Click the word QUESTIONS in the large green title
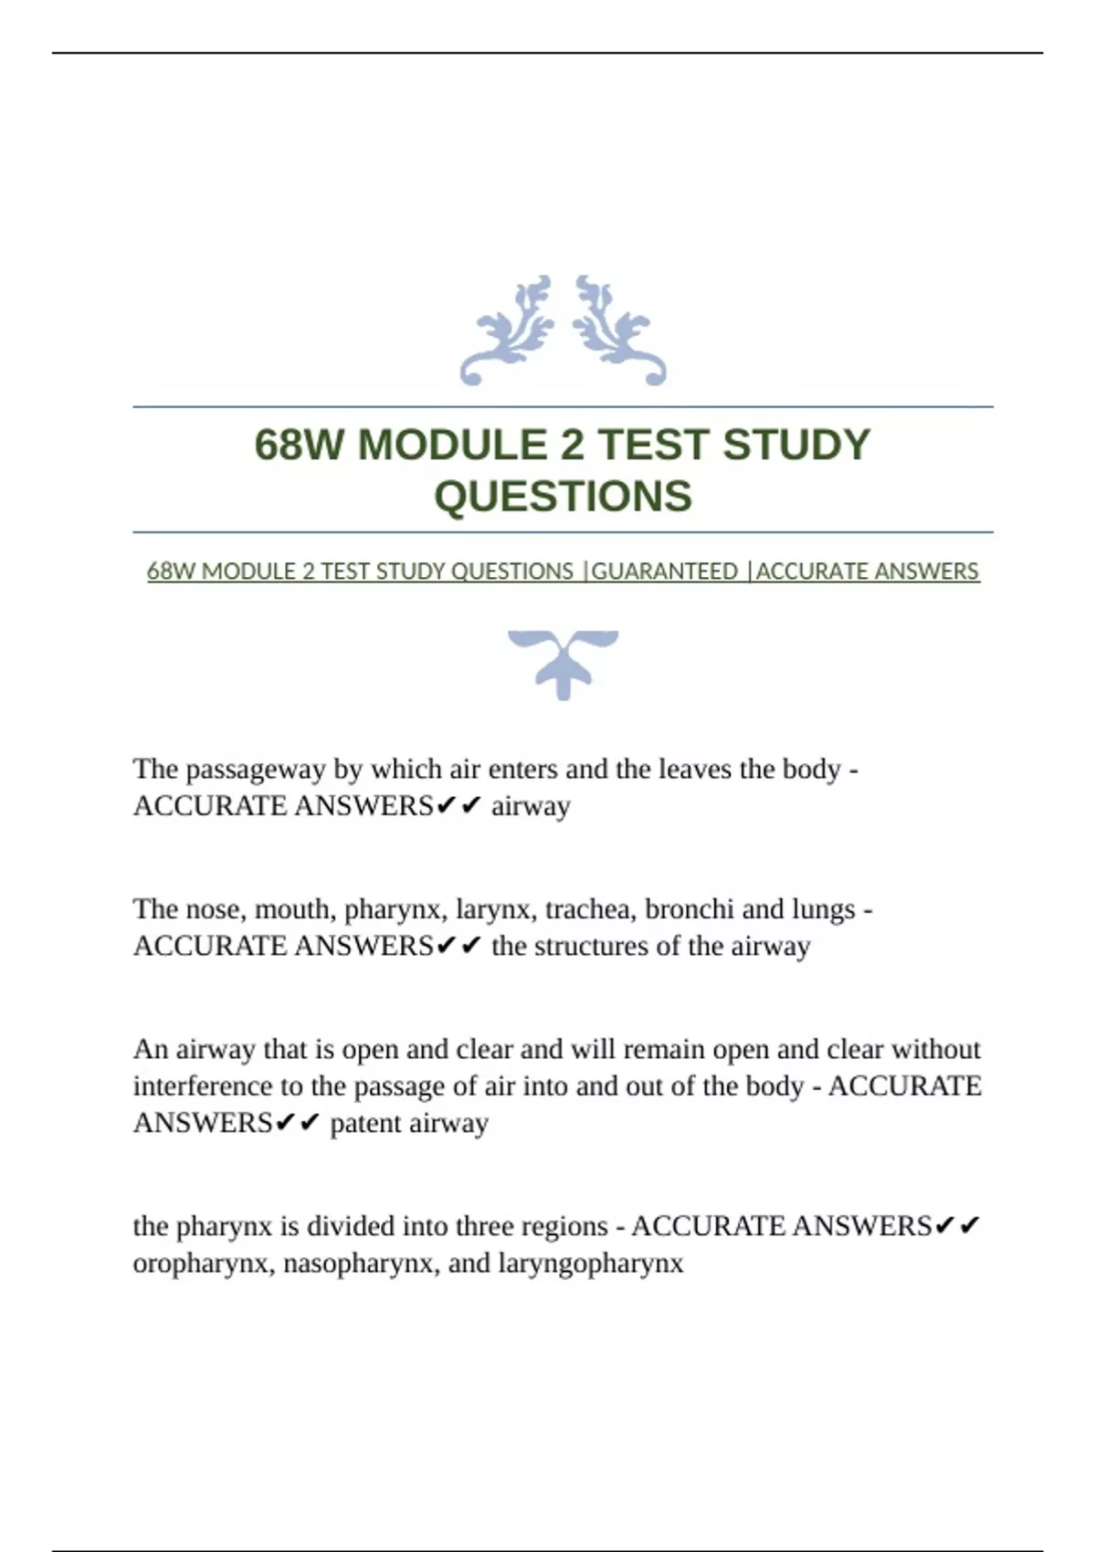563,497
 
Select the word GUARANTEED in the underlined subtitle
664,572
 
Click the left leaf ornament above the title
509,330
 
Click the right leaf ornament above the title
618,330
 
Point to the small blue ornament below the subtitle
563,664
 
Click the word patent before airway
365,1123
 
